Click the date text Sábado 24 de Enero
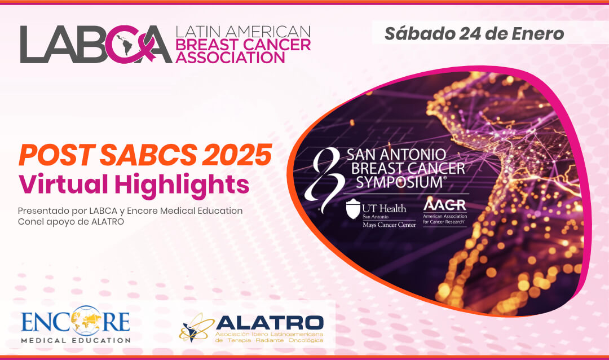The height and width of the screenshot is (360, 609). [474, 34]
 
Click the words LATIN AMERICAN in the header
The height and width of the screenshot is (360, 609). [243, 31]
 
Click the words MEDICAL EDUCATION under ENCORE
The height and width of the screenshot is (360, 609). [76, 340]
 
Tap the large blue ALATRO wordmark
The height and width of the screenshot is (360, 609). [270, 322]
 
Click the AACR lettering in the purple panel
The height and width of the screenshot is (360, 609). [444, 205]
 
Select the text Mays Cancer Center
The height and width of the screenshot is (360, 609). [389, 225]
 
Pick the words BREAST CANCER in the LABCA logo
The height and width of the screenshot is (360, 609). [243, 44]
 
